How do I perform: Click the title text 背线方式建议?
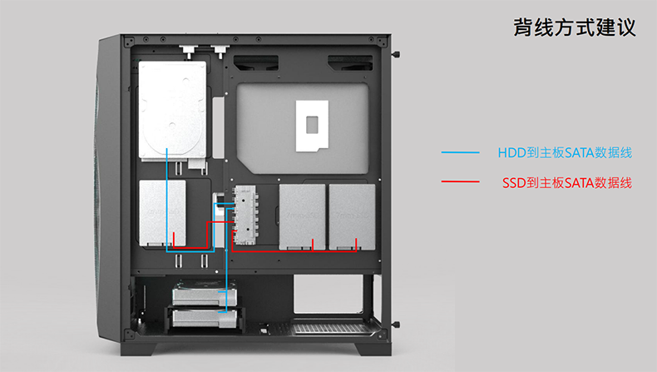(x=574, y=27)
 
